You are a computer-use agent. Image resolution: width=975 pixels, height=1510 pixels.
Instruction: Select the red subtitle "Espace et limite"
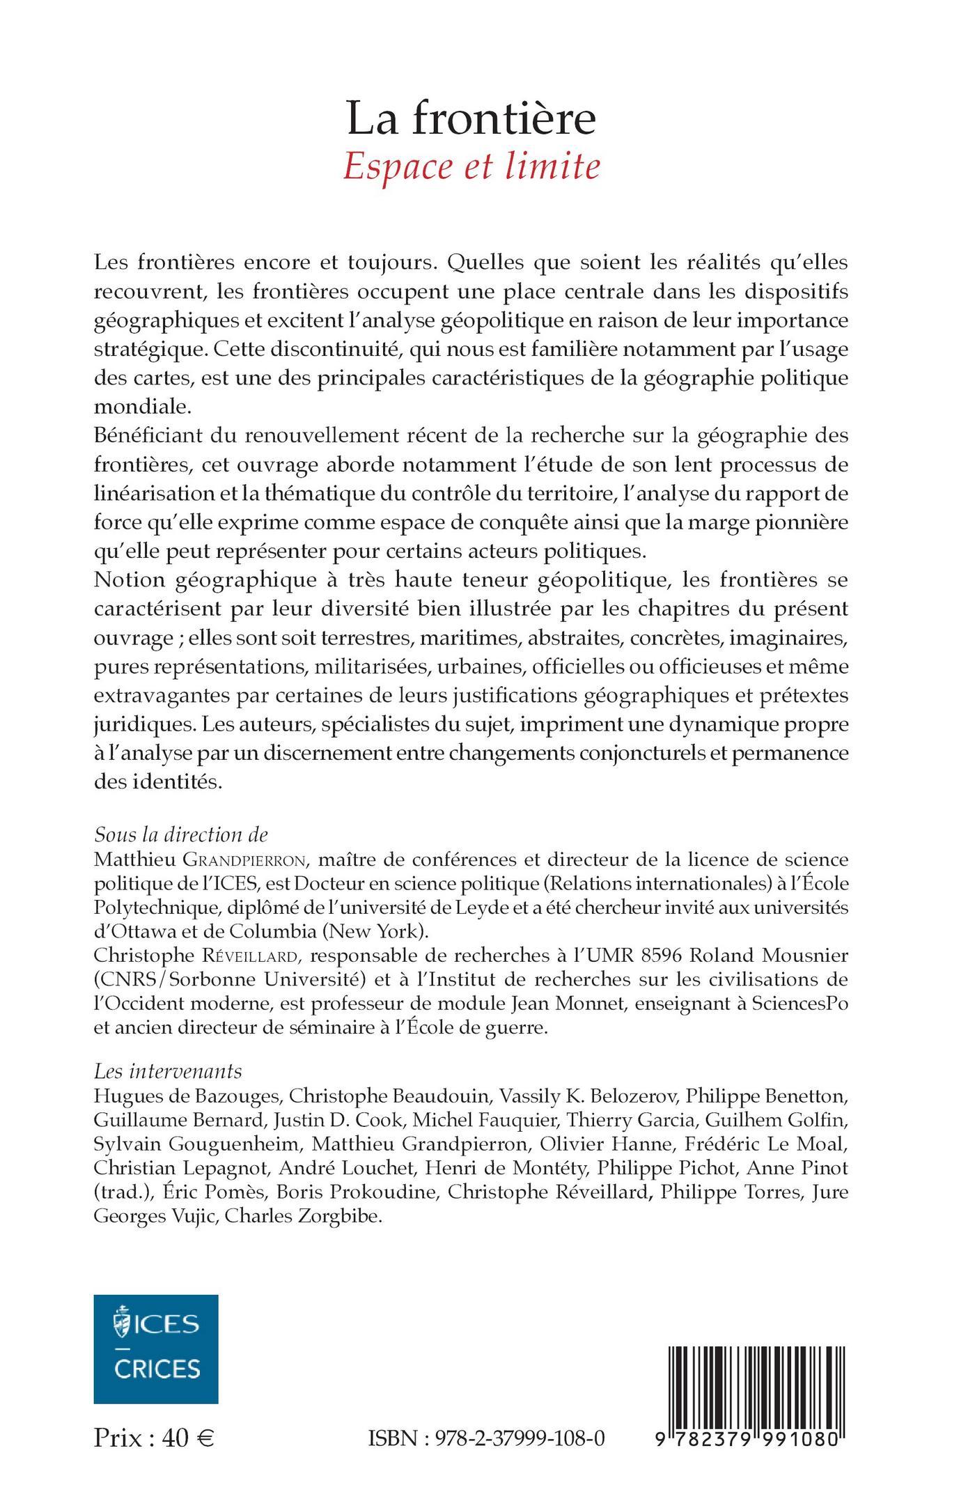pos(471,167)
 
